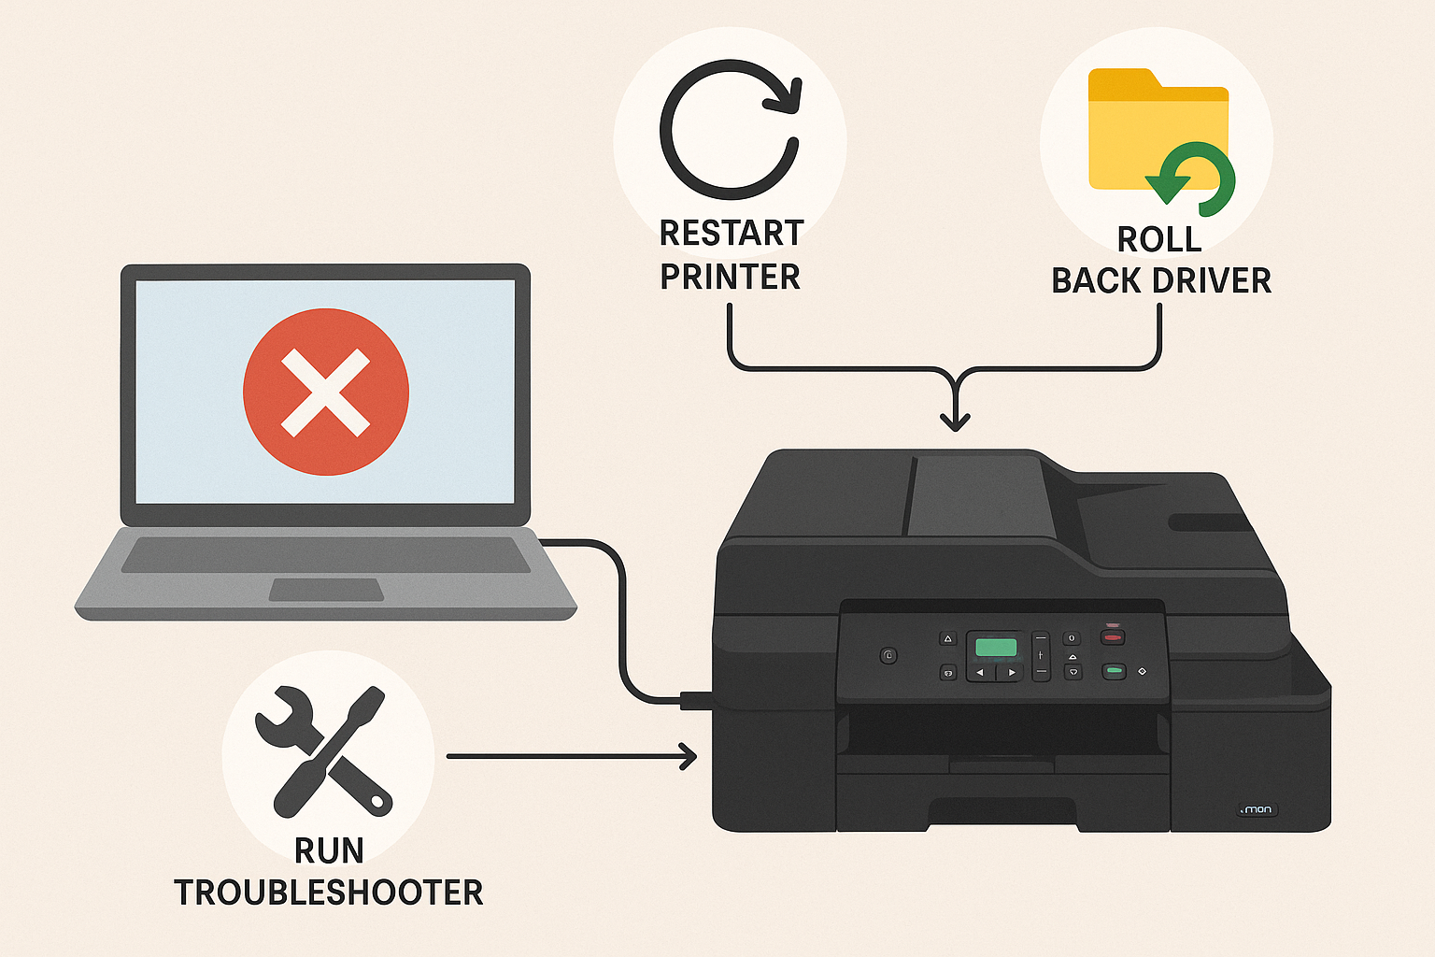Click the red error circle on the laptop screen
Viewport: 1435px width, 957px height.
point(326,392)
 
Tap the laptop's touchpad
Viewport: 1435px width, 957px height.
point(327,590)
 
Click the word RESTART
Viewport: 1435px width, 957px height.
point(732,233)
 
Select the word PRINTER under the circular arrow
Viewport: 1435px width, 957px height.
point(730,277)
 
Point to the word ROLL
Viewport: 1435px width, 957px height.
point(1159,239)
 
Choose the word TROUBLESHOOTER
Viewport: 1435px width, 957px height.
point(329,893)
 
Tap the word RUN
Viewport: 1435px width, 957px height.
point(329,850)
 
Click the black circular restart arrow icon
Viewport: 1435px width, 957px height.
point(730,130)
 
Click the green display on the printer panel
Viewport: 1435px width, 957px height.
point(996,646)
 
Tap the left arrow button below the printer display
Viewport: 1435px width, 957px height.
point(980,673)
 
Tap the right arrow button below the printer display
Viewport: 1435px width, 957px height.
point(1011,673)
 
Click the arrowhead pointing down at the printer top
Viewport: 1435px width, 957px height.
point(955,421)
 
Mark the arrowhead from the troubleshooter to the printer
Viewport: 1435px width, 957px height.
point(689,756)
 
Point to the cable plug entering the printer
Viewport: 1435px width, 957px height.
point(696,699)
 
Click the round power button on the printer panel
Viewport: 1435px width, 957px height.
point(888,656)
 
